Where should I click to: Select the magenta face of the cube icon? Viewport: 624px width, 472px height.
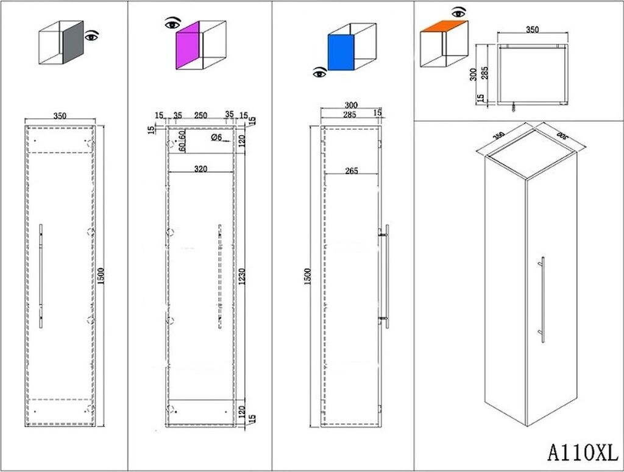pos(188,48)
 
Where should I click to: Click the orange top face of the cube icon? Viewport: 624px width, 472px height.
pos(444,27)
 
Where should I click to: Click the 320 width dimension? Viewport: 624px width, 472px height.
pos(200,168)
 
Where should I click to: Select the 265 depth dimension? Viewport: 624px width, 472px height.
pos(350,171)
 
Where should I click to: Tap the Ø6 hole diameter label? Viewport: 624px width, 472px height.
pos(216,138)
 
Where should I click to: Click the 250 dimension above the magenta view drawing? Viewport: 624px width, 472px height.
pos(200,114)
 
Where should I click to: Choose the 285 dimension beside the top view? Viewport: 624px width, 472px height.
pos(485,73)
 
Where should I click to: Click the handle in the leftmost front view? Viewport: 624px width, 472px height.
pos(41,275)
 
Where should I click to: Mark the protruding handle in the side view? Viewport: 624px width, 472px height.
pos(387,276)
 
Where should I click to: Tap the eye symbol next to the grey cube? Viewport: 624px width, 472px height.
pos(92,36)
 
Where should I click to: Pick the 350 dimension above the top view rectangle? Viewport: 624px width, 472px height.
pos(533,29)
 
